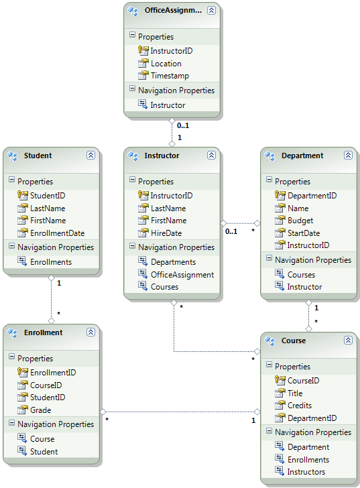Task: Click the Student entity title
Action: point(38,156)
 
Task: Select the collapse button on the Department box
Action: point(348,156)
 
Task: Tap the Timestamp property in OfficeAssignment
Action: point(170,76)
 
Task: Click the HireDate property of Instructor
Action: point(166,233)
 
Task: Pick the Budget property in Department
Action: point(300,221)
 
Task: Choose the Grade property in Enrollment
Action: point(40,410)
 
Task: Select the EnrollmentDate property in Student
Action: point(57,233)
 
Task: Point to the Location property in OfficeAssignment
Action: point(166,64)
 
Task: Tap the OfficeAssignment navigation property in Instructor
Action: point(182,274)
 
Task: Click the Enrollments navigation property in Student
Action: point(51,262)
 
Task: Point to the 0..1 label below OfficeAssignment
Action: point(182,125)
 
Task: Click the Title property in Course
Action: point(295,393)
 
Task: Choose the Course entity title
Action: point(294,341)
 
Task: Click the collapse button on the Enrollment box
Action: point(91,332)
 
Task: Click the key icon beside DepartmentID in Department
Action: point(279,195)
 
